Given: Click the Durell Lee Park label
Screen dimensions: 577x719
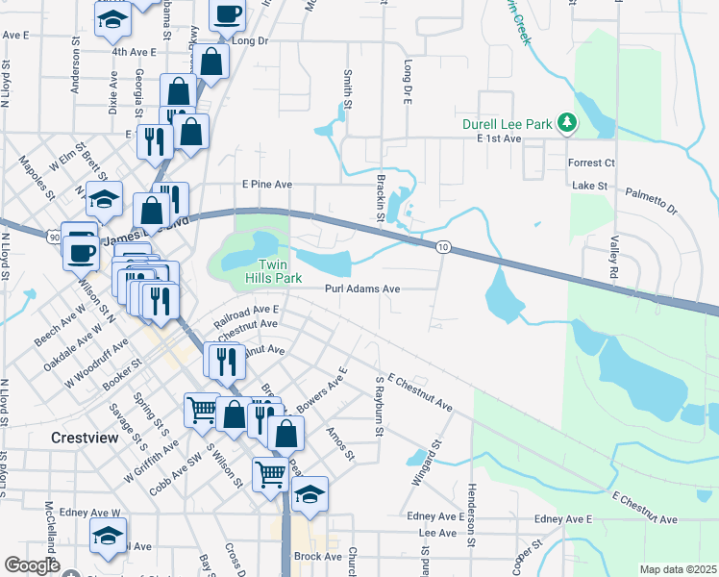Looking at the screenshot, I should click(508, 124).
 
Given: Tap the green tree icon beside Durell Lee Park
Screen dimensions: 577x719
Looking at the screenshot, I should click(568, 123).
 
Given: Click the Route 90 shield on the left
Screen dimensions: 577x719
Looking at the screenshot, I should click(53, 235).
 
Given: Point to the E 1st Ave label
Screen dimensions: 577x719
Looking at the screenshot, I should click(498, 139).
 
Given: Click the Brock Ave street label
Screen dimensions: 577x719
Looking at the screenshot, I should click(318, 557).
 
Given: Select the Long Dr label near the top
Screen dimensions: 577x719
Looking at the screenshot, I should click(249, 41).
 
